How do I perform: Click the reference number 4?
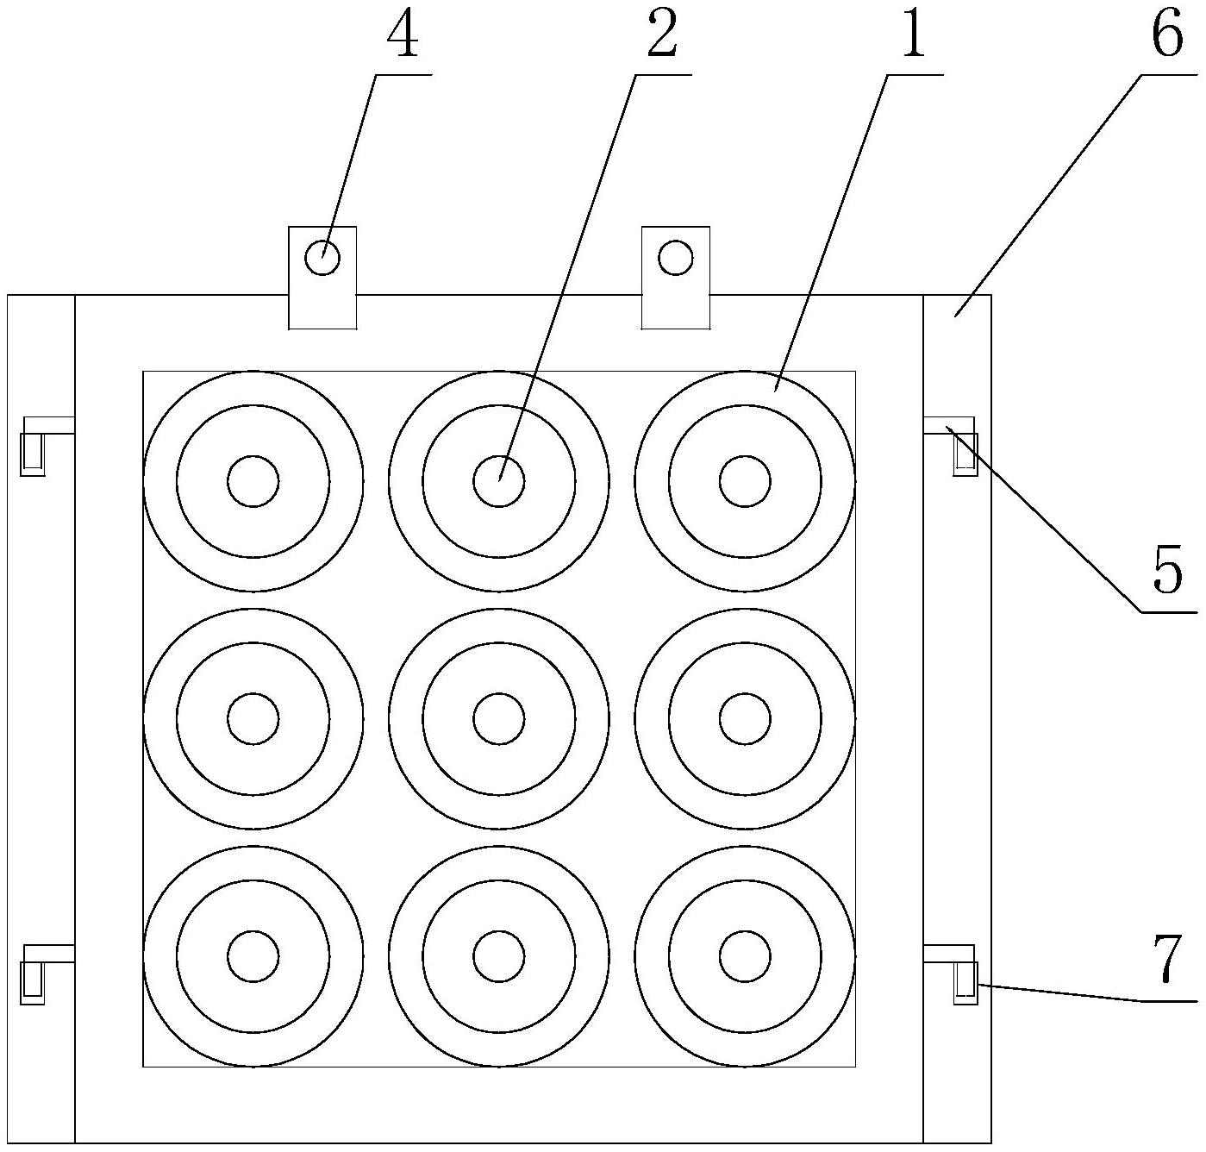(x=403, y=34)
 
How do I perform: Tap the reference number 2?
(x=661, y=34)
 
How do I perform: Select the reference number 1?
(x=914, y=34)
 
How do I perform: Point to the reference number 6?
(x=1167, y=34)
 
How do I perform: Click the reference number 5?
(x=1168, y=568)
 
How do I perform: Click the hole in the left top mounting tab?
(x=322, y=257)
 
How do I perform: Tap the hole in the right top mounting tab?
(x=676, y=257)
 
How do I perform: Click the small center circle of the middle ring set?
(x=499, y=718)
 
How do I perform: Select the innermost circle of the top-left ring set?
(x=253, y=480)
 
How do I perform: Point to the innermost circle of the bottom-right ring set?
(x=745, y=955)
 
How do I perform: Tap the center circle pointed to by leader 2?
(x=499, y=480)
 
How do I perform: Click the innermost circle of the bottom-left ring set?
(x=253, y=955)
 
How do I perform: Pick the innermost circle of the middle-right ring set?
(x=745, y=718)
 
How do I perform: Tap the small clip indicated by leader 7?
(x=965, y=983)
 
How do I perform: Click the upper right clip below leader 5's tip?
(x=965, y=454)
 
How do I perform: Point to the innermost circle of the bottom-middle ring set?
(x=499, y=955)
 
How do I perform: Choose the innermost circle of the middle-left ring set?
(x=253, y=718)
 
